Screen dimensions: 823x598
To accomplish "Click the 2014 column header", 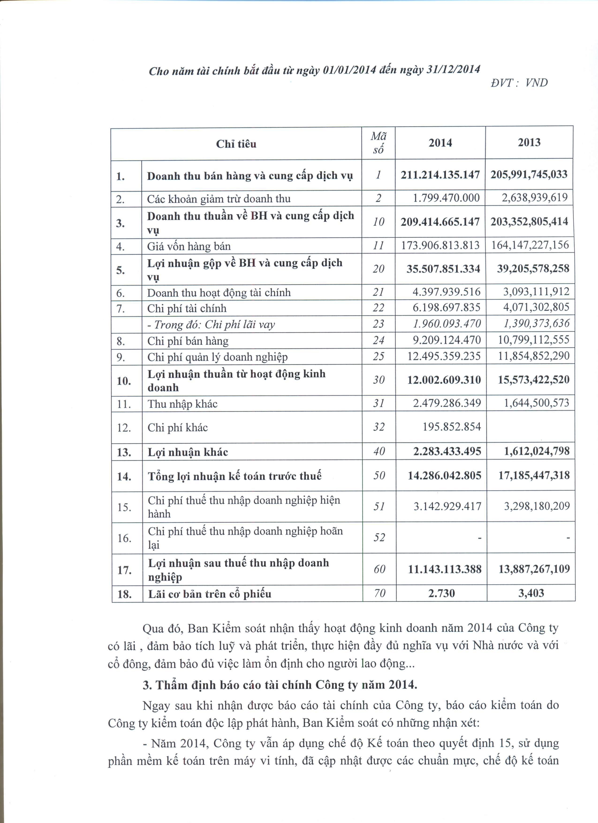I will [x=440, y=143].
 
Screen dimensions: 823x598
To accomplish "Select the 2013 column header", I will [x=529, y=142].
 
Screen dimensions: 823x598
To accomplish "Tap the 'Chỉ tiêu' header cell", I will [x=236, y=144].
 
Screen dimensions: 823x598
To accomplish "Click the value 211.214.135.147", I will [x=440, y=175].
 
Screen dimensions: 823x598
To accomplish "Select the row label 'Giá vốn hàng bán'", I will [x=189, y=247].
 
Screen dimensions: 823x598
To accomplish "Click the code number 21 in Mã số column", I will [x=378, y=292].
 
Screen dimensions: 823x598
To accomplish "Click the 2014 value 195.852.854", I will [x=451, y=427].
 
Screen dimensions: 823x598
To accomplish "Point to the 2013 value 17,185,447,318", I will [x=534, y=475].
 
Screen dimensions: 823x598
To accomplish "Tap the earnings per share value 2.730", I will [x=441, y=593].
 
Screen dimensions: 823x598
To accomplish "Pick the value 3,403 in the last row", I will [x=531, y=593].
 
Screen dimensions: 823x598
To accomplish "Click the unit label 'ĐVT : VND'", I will [x=519, y=83].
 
